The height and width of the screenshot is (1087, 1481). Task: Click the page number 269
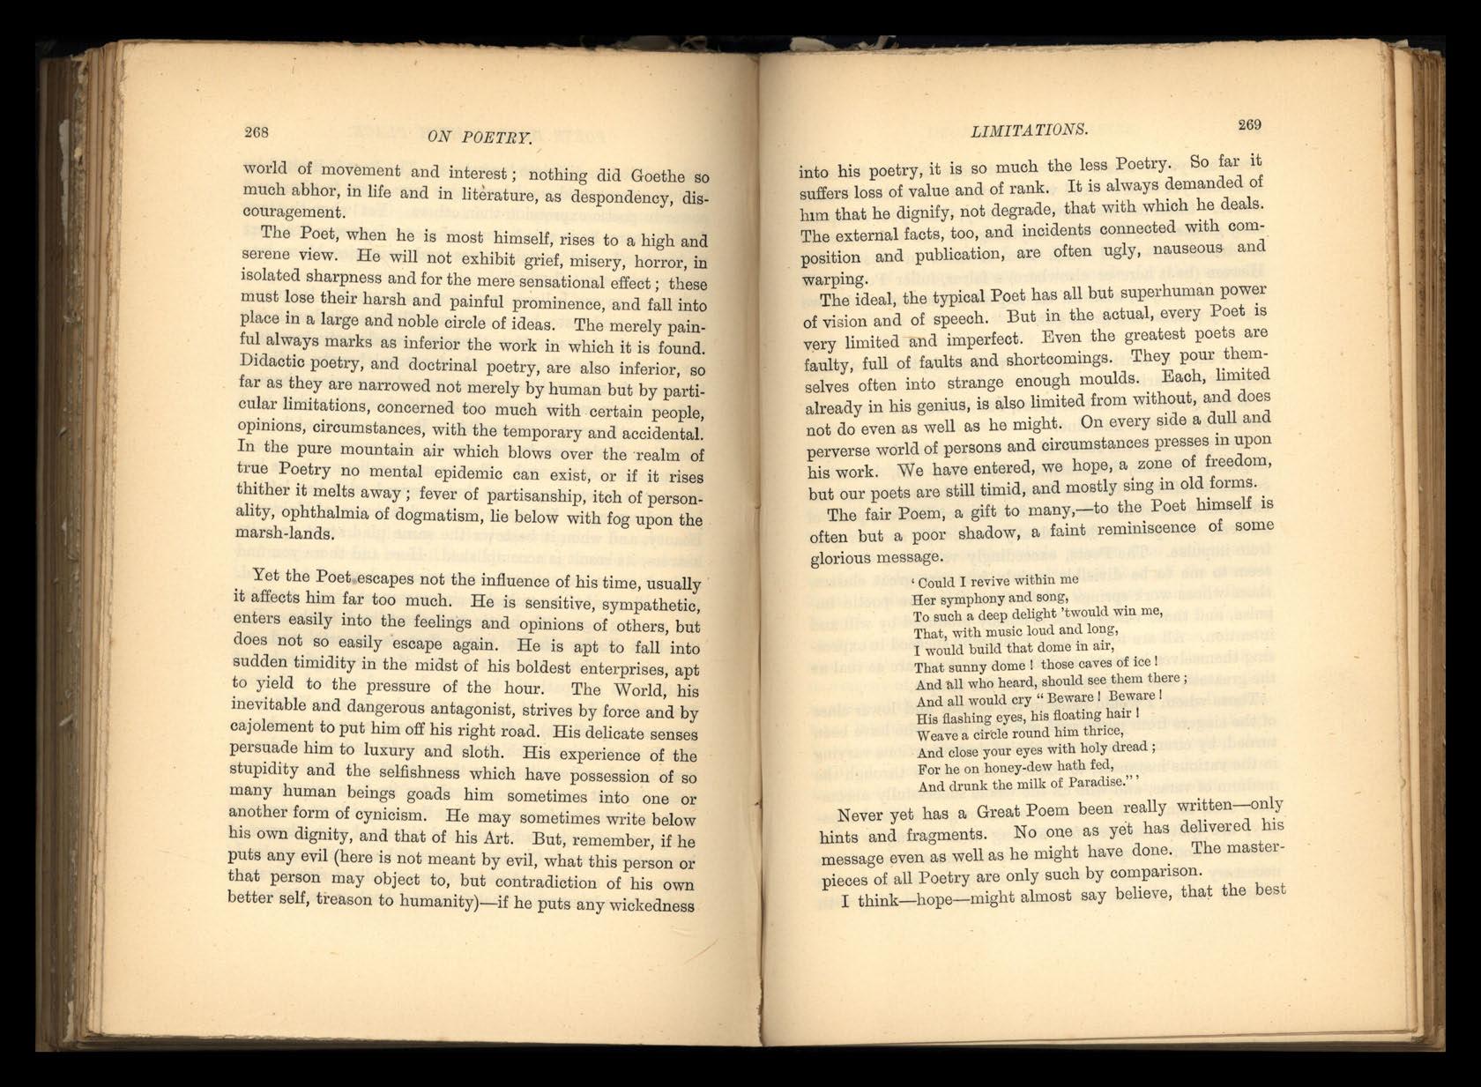coord(1249,124)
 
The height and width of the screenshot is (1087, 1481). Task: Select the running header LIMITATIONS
coord(1030,130)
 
